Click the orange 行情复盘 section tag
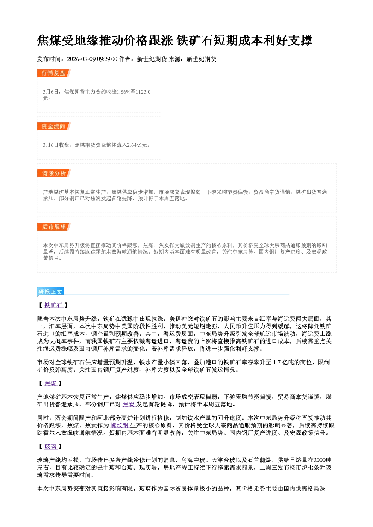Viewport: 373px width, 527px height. click(x=54, y=73)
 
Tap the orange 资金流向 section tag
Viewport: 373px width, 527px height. click(x=54, y=126)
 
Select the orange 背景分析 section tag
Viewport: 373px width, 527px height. click(x=54, y=174)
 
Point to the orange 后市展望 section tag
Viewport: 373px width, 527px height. click(x=54, y=227)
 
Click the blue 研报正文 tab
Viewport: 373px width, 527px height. click(x=50, y=292)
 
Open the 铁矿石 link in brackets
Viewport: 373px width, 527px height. click(x=53, y=305)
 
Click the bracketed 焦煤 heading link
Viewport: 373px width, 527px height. click(x=50, y=383)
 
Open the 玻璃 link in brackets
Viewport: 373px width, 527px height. click(x=50, y=446)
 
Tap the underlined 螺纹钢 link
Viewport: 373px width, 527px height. click(x=120, y=425)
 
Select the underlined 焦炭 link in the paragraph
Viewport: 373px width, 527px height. click(x=129, y=405)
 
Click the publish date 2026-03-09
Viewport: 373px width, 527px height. click(x=81, y=59)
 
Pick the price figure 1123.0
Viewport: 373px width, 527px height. click(x=143, y=92)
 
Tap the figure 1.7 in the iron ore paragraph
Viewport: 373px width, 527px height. click(x=277, y=362)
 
